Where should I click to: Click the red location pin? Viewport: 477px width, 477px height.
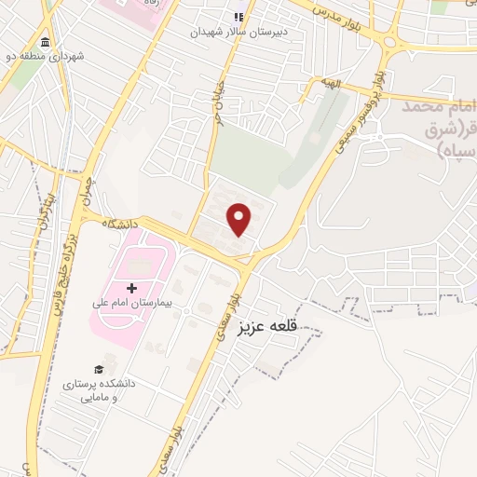point(240,218)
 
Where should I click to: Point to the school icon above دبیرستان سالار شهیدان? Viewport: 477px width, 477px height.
point(238,16)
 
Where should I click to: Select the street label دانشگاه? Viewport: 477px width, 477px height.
point(122,225)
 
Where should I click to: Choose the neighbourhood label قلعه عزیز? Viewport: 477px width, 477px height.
point(266,327)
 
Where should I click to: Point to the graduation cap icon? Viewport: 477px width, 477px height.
point(99,370)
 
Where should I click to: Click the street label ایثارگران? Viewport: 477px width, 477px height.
point(43,211)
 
